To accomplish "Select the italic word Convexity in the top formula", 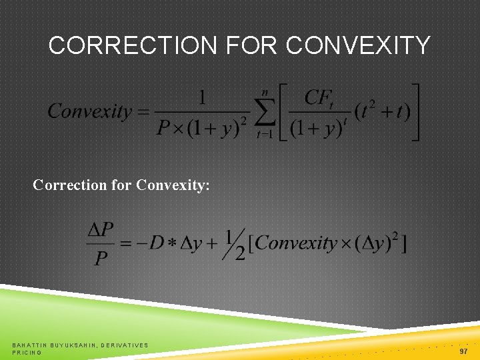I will tap(90, 111).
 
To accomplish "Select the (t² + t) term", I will tap(381, 112).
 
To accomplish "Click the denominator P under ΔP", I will tap(101, 258).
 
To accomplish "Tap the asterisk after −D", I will tap(172, 243).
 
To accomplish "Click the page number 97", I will tap(463, 351).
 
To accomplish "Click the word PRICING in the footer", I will tap(27, 353).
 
